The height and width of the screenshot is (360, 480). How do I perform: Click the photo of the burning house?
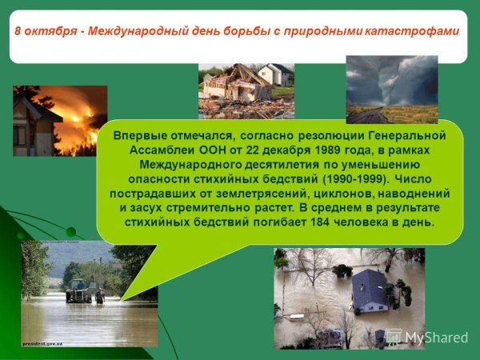(60, 120)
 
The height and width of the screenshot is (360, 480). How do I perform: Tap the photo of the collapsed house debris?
(236, 88)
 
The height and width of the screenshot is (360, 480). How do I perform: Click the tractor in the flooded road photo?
(78, 290)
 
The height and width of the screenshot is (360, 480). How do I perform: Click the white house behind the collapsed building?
(275, 74)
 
